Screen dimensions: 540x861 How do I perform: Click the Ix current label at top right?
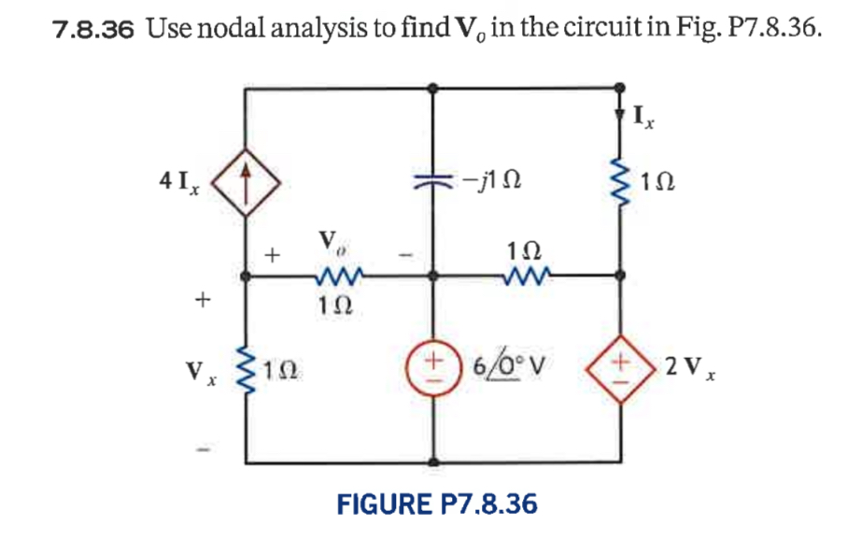pyautogui.click(x=643, y=118)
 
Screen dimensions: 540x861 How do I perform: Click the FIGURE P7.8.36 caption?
pyautogui.click(x=437, y=504)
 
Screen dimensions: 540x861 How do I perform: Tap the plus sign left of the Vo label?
pyautogui.click(x=273, y=253)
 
